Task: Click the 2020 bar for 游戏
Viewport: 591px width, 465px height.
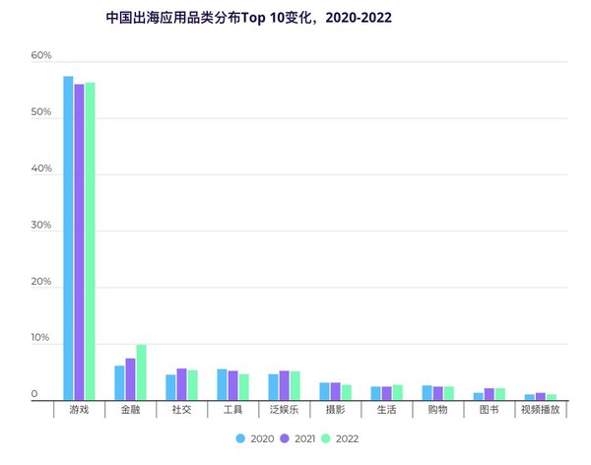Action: pyautogui.click(x=68, y=236)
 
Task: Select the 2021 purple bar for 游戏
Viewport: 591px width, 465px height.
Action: pyautogui.click(x=79, y=241)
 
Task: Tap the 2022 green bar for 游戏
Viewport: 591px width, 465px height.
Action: pyautogui.click(x=90, y=240)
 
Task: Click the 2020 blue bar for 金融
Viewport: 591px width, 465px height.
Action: pyautogui.click(x=119, y=382)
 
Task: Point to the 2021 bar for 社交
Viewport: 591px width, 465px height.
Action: pyautogui.click(x=181, y=383)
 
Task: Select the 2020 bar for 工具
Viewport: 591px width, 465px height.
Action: pyautogui.click(x=222, y=384)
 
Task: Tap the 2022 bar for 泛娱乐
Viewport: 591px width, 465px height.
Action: pyautogui.click(x=295, y=385)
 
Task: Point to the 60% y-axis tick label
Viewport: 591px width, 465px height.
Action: pyautogui.click(x=40, y=56)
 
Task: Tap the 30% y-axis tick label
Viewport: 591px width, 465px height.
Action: pyautogui.click(x=40, y=226)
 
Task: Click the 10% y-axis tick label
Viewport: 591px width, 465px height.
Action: pyautogui.click(x=40, y=338)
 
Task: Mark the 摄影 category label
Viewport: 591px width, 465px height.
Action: pyautogui.click(x=335, y=409)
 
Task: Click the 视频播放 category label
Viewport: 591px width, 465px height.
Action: pyautogui.click(x=540, y=409)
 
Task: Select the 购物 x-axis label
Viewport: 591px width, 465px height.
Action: pyautogui.click(x=437, y=409)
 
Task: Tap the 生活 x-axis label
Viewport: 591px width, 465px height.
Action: pyautogui.click(x=386, y=409)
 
